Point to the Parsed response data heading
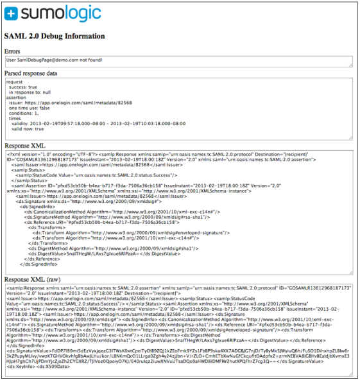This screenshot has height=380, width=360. pos(39,73)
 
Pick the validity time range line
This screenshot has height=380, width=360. pos(89,124)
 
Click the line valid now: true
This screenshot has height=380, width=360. pos(33,129)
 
